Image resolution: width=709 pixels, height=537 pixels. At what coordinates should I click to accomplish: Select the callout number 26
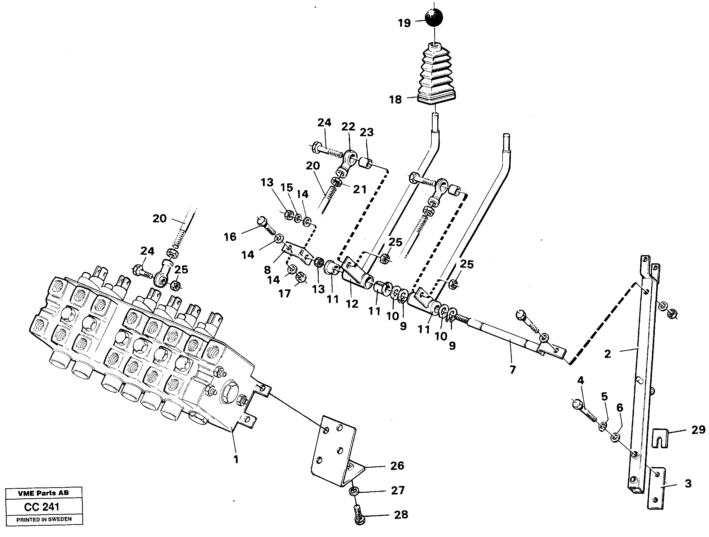pos(397,466)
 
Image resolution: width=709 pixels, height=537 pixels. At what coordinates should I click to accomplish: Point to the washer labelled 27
pos(353,490)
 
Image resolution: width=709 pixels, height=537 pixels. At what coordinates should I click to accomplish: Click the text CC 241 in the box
pos(42,507)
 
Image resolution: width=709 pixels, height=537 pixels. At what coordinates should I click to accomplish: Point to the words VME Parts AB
pos(43,493)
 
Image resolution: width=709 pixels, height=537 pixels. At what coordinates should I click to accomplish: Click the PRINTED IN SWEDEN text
pos(44,519)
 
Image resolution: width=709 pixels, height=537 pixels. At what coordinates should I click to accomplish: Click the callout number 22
pos(348,127)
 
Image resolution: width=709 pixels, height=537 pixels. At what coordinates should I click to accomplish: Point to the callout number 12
pos(352,304)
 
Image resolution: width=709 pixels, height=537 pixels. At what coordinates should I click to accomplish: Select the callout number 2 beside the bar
pos(607,354)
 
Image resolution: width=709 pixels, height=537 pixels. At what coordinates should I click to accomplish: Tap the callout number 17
pos(284,293)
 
